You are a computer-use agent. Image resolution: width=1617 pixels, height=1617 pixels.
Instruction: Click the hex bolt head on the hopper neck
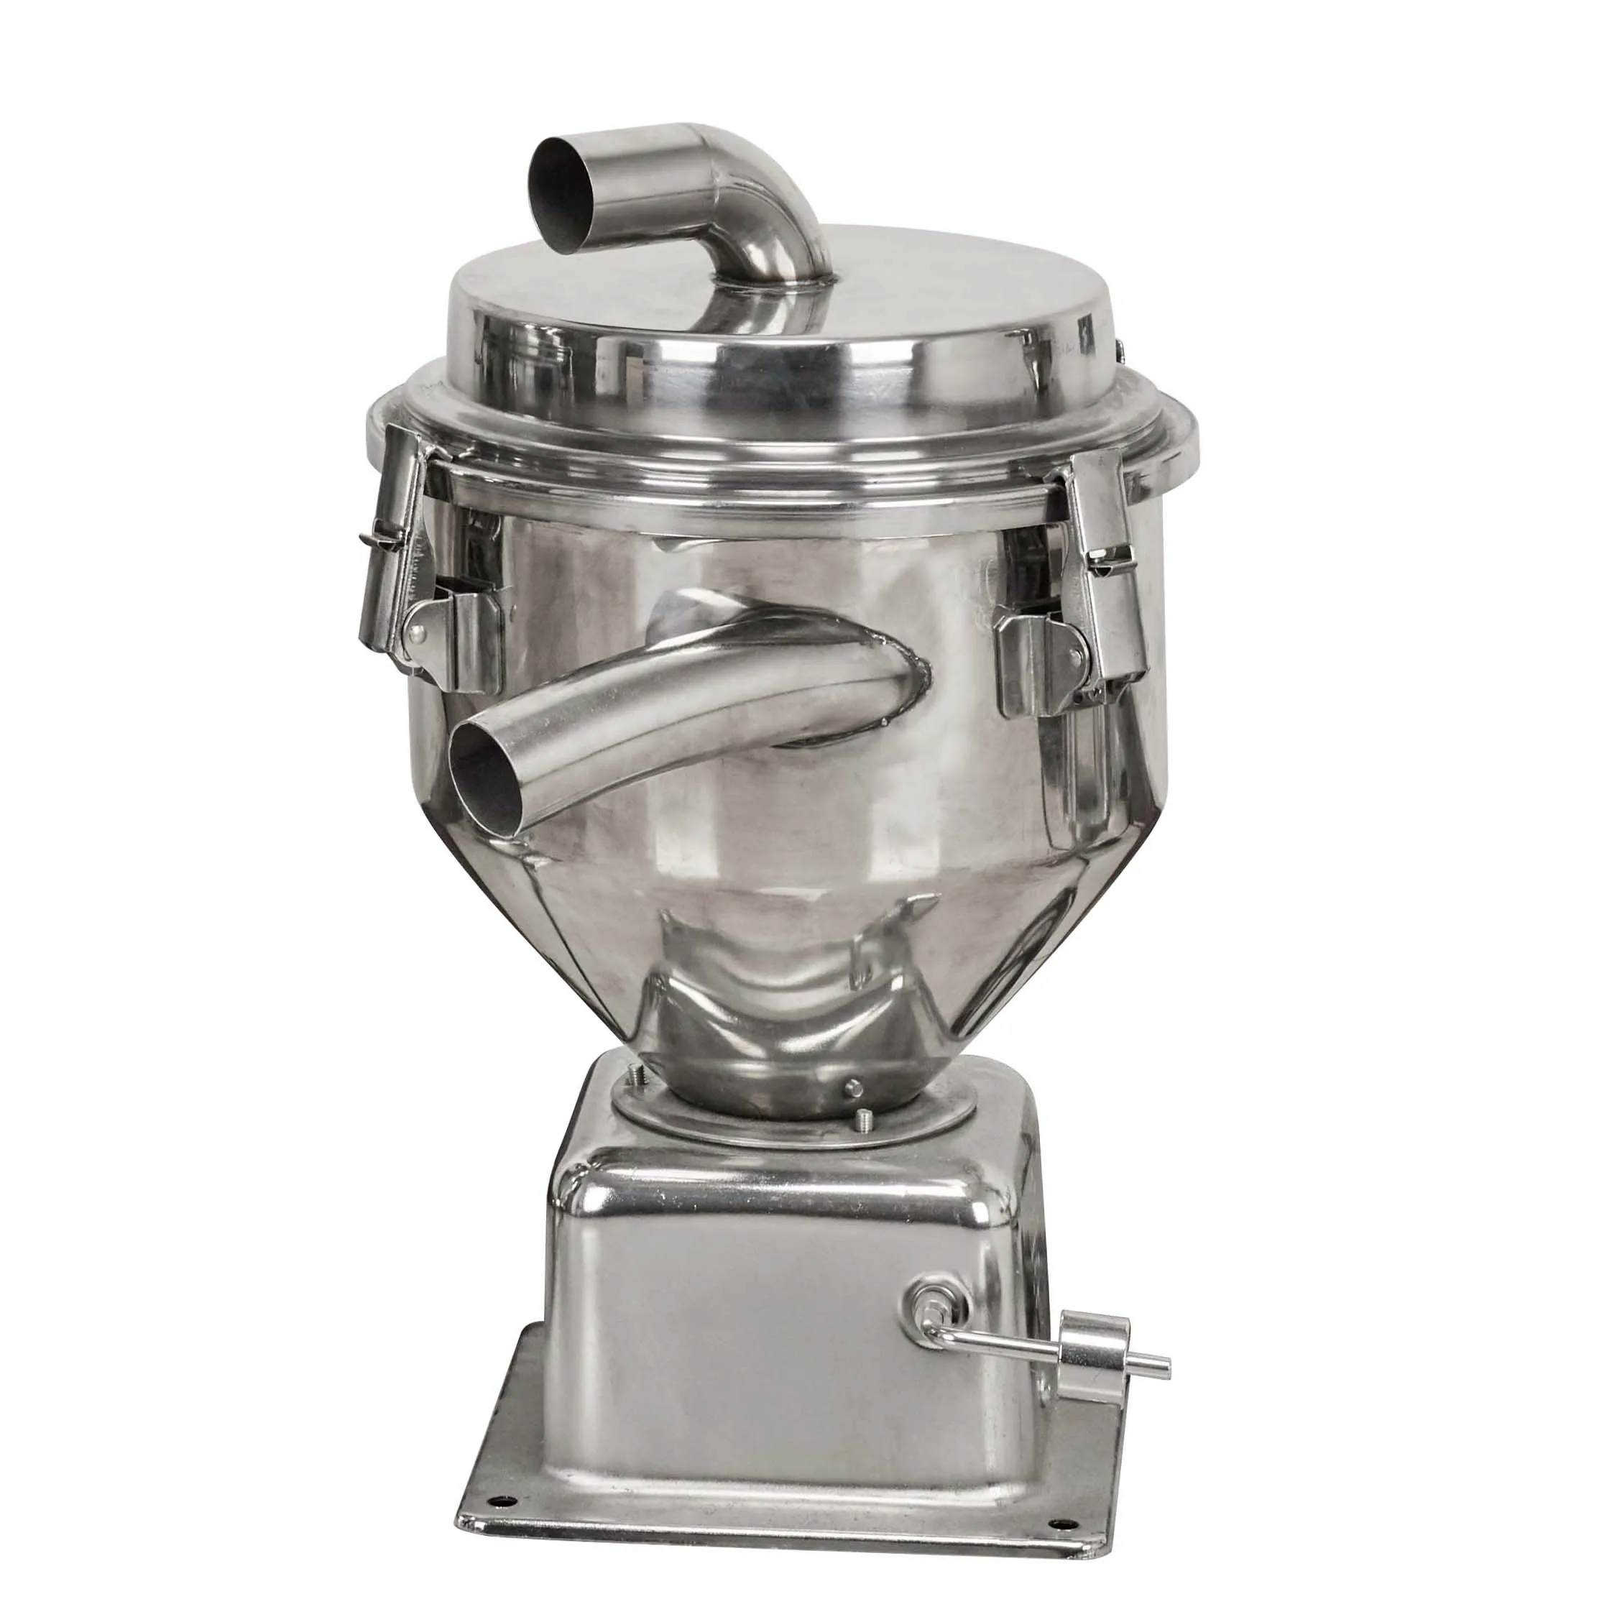point(853,1087)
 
